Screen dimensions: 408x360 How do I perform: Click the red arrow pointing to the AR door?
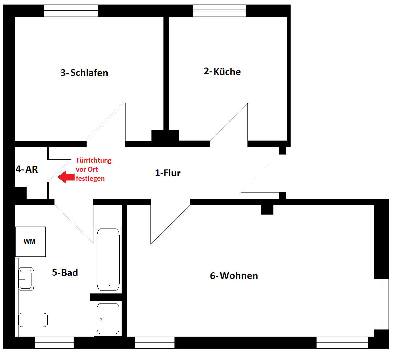coord(66,177)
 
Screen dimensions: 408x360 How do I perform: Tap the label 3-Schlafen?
coord(84,73)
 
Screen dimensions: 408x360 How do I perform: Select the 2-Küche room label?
coord(222,71)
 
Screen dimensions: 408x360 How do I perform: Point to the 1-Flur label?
coord(168,173)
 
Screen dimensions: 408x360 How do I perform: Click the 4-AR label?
coord(27,169)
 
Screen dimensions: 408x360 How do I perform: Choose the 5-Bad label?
coord(65,272)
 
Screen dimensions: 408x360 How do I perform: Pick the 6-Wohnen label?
coord(234,276)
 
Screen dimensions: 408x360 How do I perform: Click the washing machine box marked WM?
coord(30,242)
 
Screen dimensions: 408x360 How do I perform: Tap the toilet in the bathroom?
coord(33,320)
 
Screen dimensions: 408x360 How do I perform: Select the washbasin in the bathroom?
coord(26,279)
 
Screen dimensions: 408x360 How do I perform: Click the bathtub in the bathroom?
coord(108,259)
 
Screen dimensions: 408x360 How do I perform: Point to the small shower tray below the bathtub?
coord(108,318)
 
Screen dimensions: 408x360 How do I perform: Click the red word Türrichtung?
coord(94,160)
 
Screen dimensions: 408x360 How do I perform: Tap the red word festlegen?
coord(90,179)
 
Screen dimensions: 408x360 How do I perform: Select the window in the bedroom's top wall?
coord(71,11)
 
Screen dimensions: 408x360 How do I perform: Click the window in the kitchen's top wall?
coord(219,11)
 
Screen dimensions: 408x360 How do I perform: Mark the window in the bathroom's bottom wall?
coord(54,342)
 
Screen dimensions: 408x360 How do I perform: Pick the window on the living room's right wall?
coord(381,304)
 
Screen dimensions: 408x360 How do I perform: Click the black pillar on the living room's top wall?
coord(267,210)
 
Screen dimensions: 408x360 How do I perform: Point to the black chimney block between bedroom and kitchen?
coord(165,135)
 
